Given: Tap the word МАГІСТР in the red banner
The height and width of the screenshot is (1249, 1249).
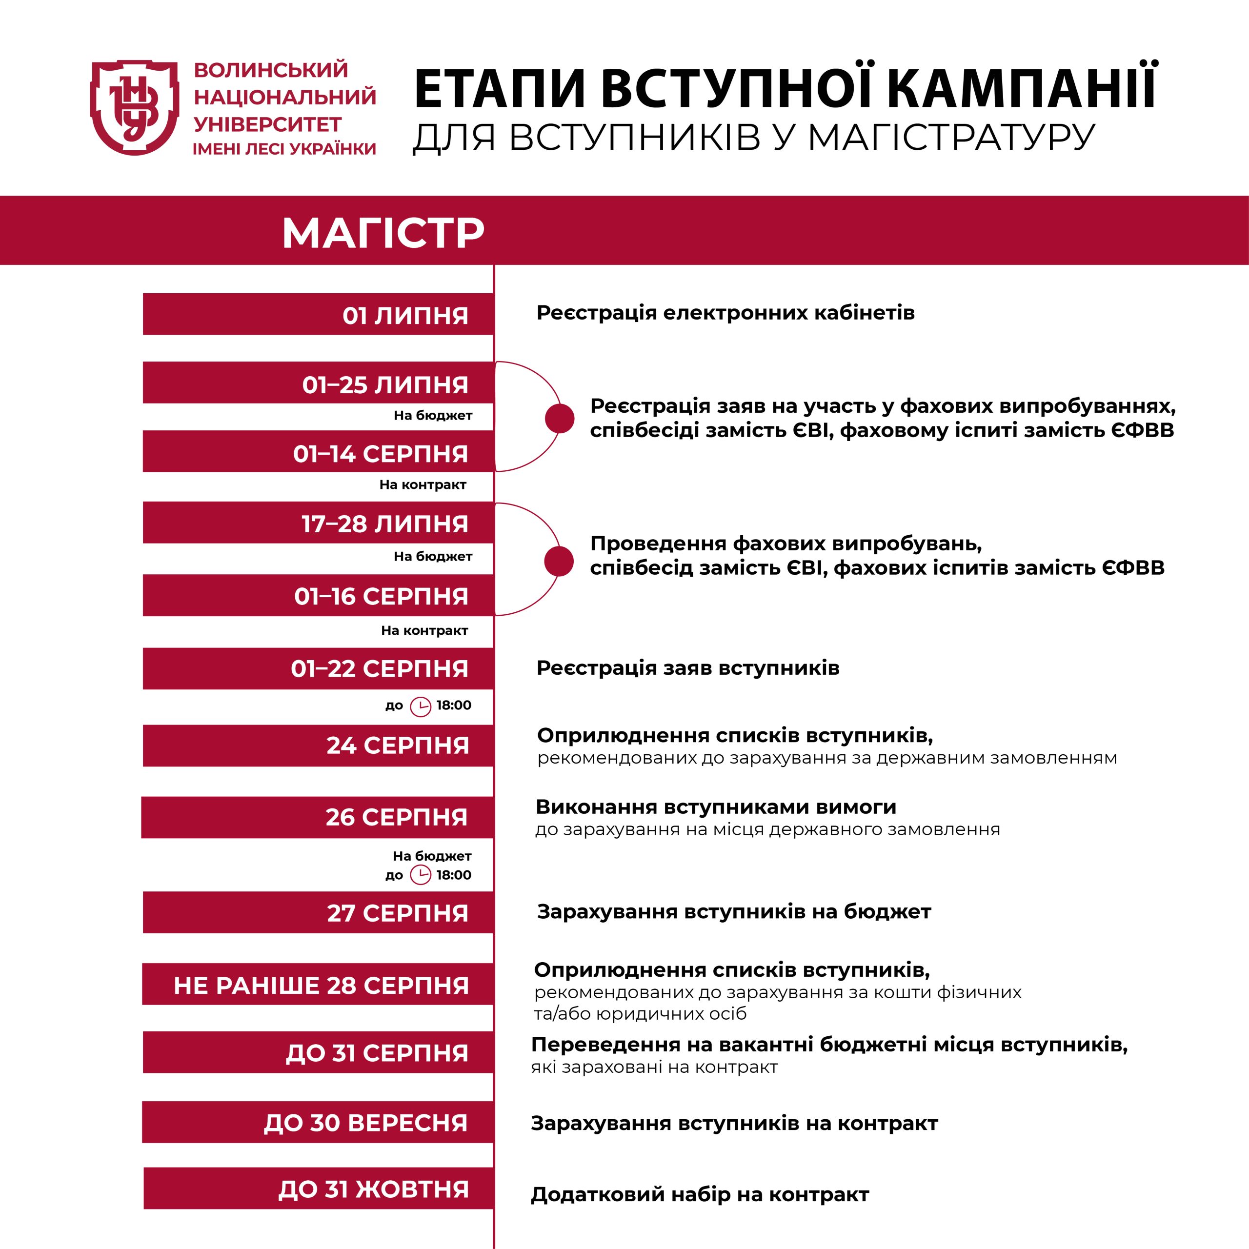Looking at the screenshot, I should click(383, 233).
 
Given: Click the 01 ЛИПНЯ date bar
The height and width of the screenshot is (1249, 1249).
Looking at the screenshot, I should click(318, 315).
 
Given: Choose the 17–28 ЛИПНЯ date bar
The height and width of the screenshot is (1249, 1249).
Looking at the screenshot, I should click(318, 523).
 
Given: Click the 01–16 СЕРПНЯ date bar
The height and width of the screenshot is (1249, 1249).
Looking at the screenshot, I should click(318, 595).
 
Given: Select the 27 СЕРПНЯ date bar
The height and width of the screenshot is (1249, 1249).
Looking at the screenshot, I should click(318, 912).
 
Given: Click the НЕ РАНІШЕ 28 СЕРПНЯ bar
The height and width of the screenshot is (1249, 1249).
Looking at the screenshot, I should click(318, 985).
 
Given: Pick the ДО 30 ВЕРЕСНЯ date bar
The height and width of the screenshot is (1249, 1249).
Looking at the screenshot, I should click(318, 1122).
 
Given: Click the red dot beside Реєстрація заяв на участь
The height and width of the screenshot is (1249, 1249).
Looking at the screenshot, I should click(559, 418).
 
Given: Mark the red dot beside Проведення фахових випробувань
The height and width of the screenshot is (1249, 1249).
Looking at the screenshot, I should click(559, 561).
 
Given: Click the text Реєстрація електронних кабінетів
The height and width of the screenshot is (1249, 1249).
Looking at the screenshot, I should click(725, 313).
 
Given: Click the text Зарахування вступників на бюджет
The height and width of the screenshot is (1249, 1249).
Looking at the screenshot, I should click(734, 911).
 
